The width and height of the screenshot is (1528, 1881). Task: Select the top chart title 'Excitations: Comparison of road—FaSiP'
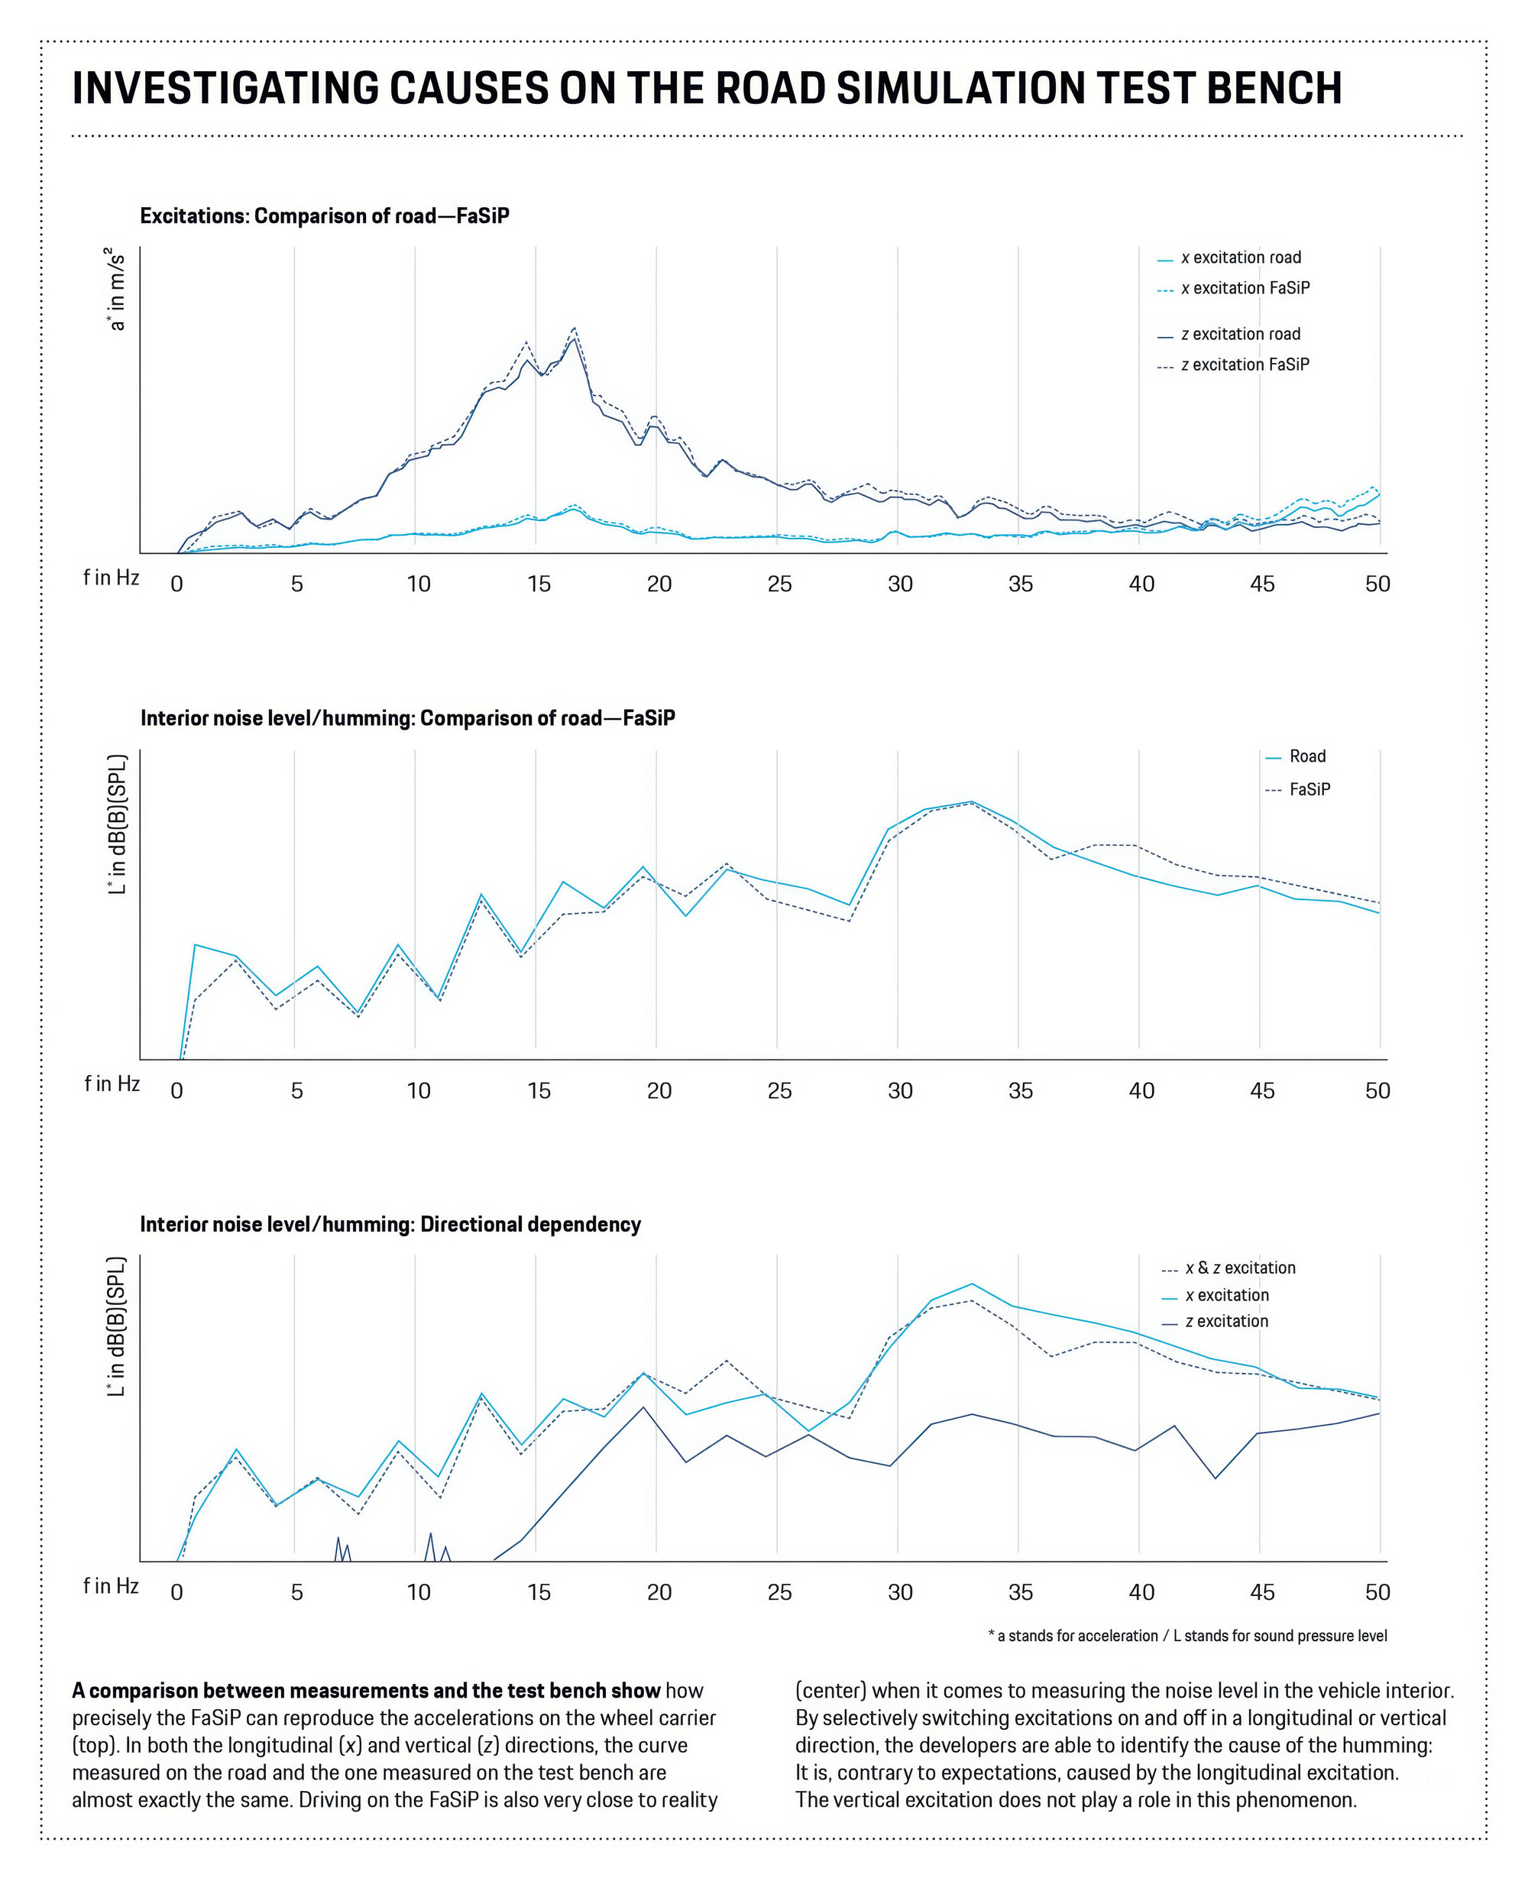(324, 215)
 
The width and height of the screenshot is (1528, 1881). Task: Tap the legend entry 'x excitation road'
(1240, 258)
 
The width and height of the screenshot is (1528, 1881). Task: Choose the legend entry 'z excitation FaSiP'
(1244, 364)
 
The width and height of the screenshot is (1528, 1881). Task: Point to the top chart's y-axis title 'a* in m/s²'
(116, 290)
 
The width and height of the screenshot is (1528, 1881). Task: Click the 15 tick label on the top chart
(539, 584)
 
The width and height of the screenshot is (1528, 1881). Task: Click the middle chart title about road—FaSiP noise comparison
(407, 718)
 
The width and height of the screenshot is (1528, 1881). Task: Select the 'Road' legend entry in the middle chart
(1306, 756)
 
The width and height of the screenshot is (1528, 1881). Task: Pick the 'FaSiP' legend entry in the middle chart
(1309, 789)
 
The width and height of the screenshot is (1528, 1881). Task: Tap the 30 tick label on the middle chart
(899, 1090)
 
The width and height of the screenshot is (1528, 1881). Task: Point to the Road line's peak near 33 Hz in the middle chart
(972, 802)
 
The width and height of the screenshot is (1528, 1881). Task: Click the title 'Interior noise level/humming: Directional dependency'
(390, 1225)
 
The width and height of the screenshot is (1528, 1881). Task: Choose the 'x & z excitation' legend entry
(1239, 1267)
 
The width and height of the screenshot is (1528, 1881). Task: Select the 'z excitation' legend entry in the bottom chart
(1226, 1321)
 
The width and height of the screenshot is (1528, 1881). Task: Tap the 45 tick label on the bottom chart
(1261, 1592)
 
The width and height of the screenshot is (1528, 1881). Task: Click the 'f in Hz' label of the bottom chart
(111, 1586)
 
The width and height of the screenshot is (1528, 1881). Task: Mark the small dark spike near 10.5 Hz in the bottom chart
(430, 1534)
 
